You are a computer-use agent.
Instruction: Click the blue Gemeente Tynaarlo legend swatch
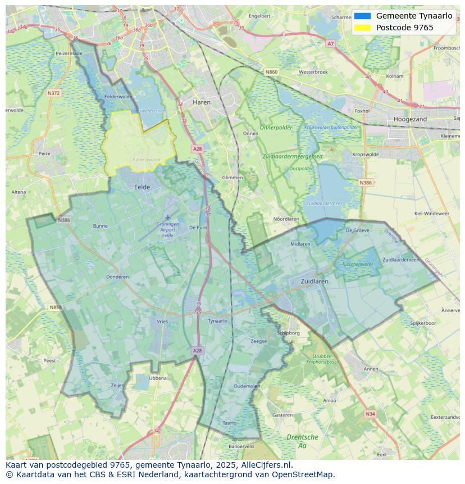pyautogui.click(x=362, y=16)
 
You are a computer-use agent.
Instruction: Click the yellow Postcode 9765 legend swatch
pyautogui.click(x=362, y=28)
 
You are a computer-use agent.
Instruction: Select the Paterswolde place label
pyautogui.click(x=146, y=160)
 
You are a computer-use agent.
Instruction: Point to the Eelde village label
pyautogui.click(x=142, y=187)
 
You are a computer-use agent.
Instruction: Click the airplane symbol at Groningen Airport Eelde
pyautogui.click(x=167, y=218)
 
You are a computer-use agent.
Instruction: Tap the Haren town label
pyautogui.click(x=201, y=102)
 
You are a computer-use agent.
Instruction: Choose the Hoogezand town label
pyautogui.click(x=410, y=119)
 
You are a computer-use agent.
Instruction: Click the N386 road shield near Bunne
pyautogui.click(x=63, y=220)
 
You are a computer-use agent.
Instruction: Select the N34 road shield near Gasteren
pyautogui.click(x=370, y=414)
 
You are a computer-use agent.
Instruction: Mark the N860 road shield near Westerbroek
pyautogui.click(x=271, y=72)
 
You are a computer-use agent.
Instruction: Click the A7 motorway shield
pyautogui.click(x=330, y=43)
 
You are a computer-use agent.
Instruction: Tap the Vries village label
pyautogui.click(x=162, y=322)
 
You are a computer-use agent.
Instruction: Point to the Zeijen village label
pyautogui.click(x=117, y=385)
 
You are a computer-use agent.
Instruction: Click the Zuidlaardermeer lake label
pyautogui.click(x=324, y=203)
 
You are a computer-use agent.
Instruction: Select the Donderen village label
pyautogui.click(x=117, y=277)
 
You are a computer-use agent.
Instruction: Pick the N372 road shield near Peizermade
pyautogui.click(x=54, y=93)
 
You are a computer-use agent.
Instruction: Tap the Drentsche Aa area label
pyautogui.click(x=302, y=441)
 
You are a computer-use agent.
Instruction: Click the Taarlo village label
pyautogui.click(x=229, y=423)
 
